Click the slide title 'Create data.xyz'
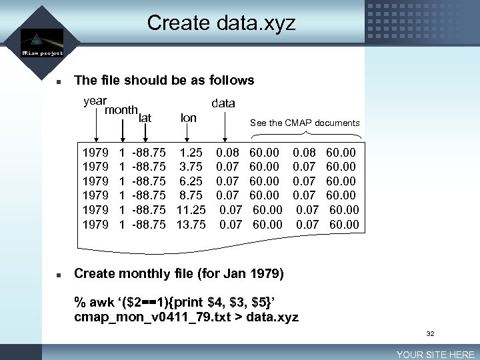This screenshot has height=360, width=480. pos(221,23)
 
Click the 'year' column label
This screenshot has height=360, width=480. pos(95,101)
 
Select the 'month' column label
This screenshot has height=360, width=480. pos(121,110)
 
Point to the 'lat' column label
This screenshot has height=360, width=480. pos(145,118)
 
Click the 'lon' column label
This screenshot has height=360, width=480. pos(189,118)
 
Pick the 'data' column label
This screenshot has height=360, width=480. pos(223,103)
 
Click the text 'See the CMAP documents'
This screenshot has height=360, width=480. pos(304,123)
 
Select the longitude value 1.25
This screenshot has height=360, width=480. pos(192,153)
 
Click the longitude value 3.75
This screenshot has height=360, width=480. pos(192,167)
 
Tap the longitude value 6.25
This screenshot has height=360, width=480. pos(192,181)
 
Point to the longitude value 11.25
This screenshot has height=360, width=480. pos(191,210)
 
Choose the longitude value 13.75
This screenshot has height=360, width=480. pos(191,225)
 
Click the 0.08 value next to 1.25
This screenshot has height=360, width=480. pos(227,153)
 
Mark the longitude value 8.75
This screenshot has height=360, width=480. pos(192,195)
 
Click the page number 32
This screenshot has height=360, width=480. pos(431,333)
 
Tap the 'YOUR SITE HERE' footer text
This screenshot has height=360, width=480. pos(435,355)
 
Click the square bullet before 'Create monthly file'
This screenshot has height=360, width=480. pos(59,275)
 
